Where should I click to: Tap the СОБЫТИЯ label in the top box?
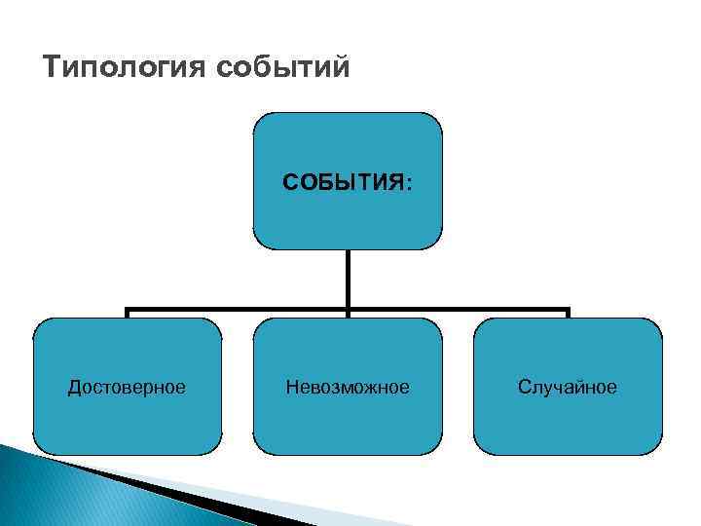(x=343, y=182)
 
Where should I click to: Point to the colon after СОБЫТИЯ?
(x=409, y=183)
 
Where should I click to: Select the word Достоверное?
(x=127, y=388)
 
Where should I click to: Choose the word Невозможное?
(x=348, y=388)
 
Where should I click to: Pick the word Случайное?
(x=568, y=388)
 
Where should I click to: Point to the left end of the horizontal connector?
(x=129, y=312)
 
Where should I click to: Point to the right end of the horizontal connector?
(x=567, y=312)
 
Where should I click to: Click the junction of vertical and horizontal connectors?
(x=348, y=312)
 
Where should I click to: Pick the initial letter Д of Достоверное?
(x=73, y=388)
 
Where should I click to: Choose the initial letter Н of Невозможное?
(x=291, y=388)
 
